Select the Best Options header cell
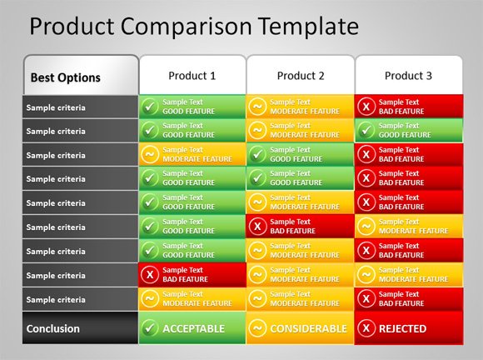[x=81, y=77]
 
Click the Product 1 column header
[x=192, y=76]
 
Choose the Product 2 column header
[x=301, y=76]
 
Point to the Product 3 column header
[x=408, y=76]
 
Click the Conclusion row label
[x=80, y=328]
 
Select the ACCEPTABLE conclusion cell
[x=192, y=328]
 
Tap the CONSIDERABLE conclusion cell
[x=301, y=328]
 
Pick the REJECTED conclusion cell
[x=409, y=328]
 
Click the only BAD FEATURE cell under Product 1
[x=192, y=274]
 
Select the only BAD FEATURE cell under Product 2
[x=301, y=226]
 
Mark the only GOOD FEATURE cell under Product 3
[x=409, y=130]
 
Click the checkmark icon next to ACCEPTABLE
[x=150, y=328]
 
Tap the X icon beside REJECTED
[x=366, y=328]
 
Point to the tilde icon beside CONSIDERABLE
[x=257, y=328]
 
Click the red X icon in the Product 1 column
[x=150, y=274]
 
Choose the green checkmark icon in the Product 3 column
[x=366, y=130]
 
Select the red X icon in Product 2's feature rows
[x=257, y=226]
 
